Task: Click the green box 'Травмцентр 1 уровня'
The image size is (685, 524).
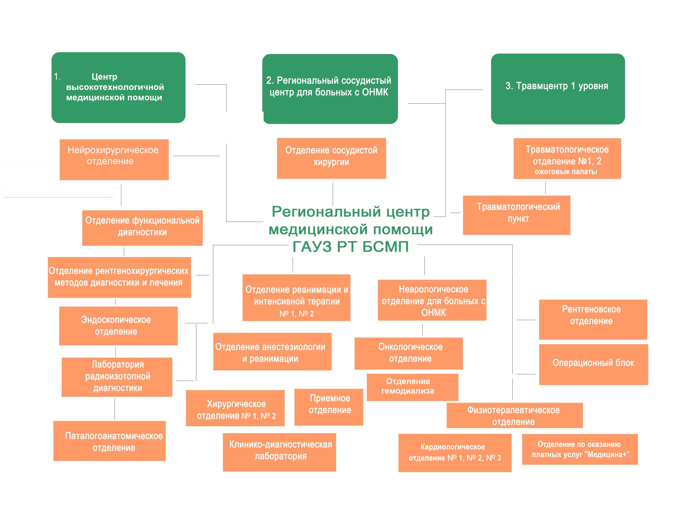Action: (x=558, y=89)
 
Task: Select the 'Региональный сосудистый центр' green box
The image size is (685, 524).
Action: (x=330, y=89)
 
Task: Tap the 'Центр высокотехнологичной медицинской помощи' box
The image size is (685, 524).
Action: (x=118, y=87)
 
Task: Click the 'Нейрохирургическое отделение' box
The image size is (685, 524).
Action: (x=114, y=159)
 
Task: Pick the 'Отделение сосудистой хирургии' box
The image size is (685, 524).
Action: (x=331, y=158)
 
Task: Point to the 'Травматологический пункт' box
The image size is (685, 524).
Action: (x=516, y=215)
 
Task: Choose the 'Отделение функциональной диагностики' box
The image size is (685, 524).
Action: (x=142, y=228)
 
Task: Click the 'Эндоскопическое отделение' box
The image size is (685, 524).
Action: (x=118, y=326)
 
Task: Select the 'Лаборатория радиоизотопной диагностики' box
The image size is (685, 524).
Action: (x=117, y=377)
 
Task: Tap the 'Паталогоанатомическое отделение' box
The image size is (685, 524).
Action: (x=109, y=441)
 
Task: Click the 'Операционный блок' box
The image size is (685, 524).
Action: (x=593, y=364)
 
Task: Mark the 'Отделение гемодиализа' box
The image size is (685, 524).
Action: (x=412, y=387)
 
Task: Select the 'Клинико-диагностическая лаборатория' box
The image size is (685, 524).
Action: (x=279, y=452)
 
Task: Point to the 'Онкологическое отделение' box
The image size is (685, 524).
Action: (x=408, y=353)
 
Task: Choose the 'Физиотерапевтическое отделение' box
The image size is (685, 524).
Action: (x=514, y=415)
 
